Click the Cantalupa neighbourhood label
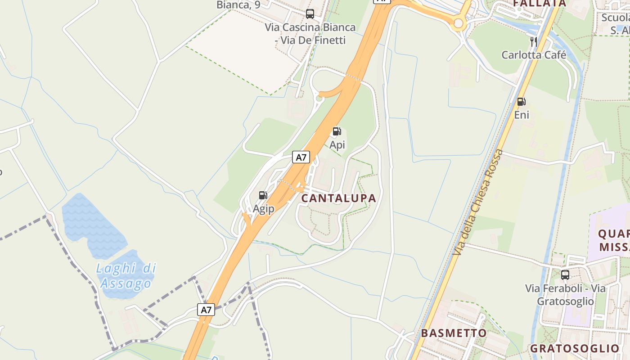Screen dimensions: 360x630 338,198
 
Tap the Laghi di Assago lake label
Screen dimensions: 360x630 126,276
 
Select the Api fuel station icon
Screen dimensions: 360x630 337,131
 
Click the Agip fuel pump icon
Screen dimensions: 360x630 263,195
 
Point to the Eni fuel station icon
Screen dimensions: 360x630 521,102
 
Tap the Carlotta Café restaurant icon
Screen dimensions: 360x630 534,42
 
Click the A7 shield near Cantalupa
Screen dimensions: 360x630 301,157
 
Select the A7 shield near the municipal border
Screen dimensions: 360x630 206,310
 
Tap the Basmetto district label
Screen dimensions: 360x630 454,333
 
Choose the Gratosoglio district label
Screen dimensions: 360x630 575,348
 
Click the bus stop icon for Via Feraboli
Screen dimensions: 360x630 565,274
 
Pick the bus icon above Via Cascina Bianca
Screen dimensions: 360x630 310,13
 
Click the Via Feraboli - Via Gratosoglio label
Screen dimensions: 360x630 565,295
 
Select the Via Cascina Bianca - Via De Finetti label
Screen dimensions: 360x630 310,34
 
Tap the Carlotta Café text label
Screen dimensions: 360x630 534,55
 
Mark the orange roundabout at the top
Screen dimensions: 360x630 459,23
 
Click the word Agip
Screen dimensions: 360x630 263,209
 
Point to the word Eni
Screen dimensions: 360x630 522,115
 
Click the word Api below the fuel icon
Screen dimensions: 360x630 337,145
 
